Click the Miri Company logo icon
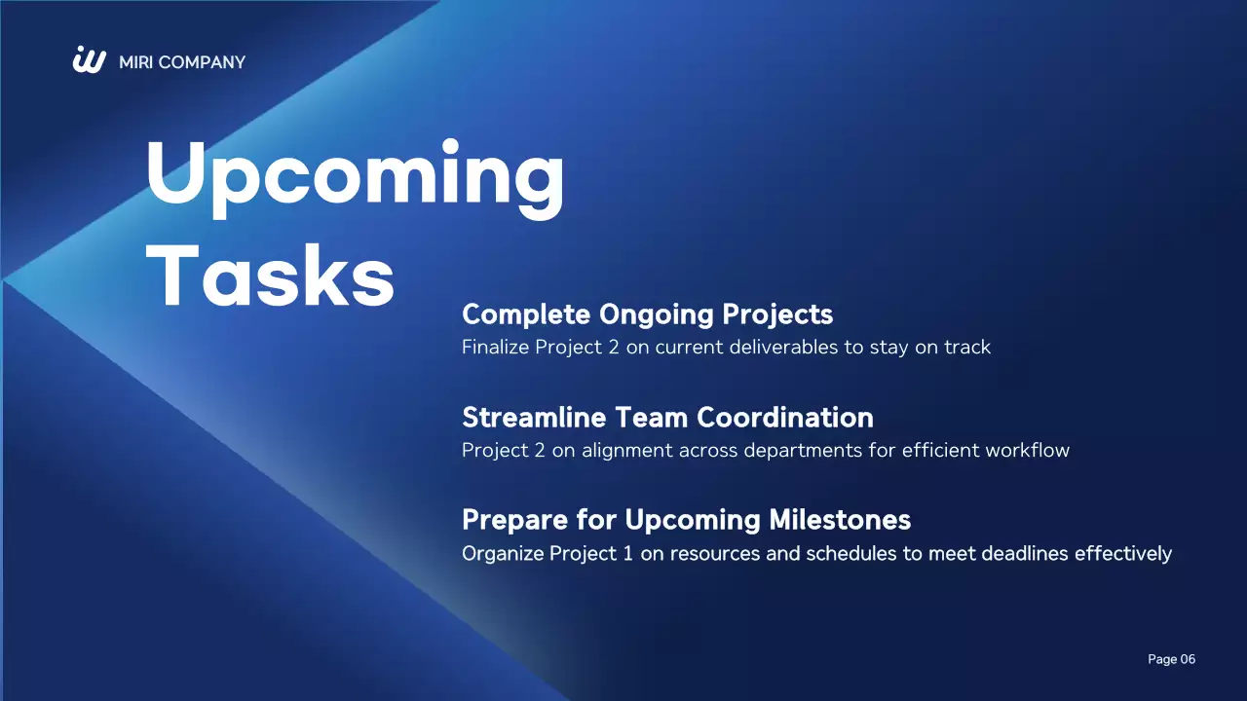pyautogui.click(x=89, y=60)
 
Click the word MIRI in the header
pyautogui.click(x=135, y=62)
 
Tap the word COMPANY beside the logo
pyautogui.click(x=202, y=62)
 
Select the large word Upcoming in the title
pyautogui.click(x=355, y=175)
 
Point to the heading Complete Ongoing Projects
pyautogui.click(x=647, y=314)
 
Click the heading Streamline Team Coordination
pyautogui.click(x=667, y=418)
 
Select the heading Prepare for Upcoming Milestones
pyautogui.click(x=686, y=520)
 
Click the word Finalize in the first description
pyautogui.click(x=495, y=347)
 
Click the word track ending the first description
pyautogui.click(x=966, y=347)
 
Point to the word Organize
pyautogui.click(x=503, y=554)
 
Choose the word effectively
pyautogui.click(x=1123, y=553)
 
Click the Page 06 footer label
pyautogui.click(x=1171, y=660)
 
